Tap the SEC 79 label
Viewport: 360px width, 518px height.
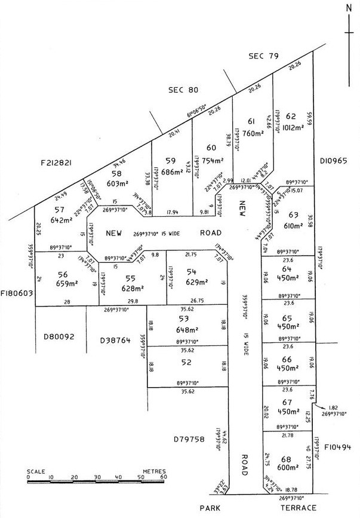coord(264,56)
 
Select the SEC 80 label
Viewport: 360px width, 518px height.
coord(183,90)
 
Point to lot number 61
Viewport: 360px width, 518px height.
coord(251,122)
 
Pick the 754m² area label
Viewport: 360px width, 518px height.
coord(211,160)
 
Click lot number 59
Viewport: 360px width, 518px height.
coord(171,160)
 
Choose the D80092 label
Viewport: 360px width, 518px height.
coord(59,337)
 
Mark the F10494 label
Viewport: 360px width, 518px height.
coord(339,447)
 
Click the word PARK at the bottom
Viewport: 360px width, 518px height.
coord(210,508)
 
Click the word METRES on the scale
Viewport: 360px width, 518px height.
coord(153,471)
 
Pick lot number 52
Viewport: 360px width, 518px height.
coord(186,362)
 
